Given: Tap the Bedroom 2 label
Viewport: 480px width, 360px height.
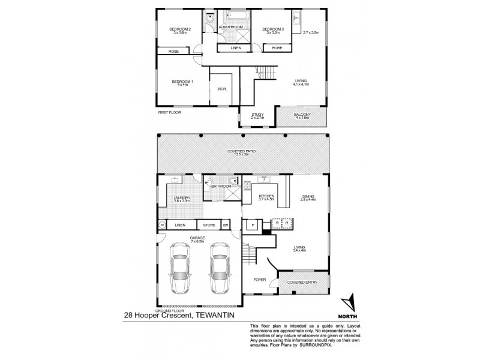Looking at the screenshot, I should (x=179, y=29).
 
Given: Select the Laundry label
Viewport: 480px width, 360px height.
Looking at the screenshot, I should (x=182, y=198).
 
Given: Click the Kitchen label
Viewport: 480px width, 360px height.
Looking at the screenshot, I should (x=266, y=196).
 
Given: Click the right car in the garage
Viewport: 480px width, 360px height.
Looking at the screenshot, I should (x=219, y=270).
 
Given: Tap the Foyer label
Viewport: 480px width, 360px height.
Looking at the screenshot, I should (x=260, y=279).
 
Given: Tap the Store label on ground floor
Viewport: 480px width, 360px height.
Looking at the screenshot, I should (x=209, y=226).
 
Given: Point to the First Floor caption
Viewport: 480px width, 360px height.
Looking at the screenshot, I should (x=169, y=112).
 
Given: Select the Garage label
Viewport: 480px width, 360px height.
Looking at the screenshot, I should (x=197, y=238).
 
